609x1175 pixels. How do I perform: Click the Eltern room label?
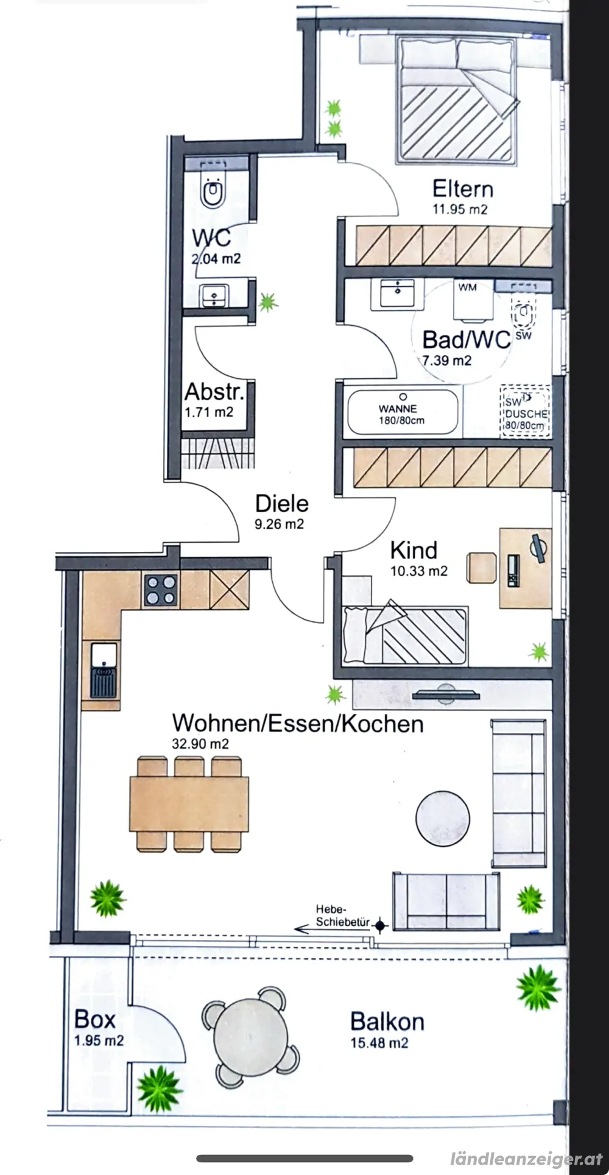coord(462,189)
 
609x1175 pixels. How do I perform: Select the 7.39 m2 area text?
coord(447,360)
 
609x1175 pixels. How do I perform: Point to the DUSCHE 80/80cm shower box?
coord(525,412)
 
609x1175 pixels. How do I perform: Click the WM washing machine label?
coord(468,288)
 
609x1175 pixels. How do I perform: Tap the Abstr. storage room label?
coord(214,392)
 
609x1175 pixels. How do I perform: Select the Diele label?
coord(281,504)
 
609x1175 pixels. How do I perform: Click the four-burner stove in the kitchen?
coord(161,590)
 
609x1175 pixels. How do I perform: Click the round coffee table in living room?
coord(443,816)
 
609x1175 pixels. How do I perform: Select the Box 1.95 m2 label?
coord(97,1028)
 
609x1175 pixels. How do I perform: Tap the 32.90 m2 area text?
coord(200,744)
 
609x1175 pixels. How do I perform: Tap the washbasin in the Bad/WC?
coord(396,294)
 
